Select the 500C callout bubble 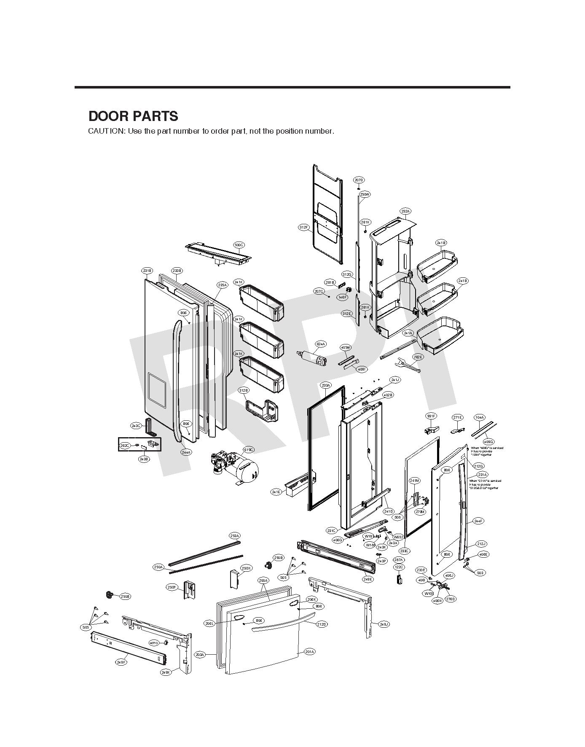click(239, 245)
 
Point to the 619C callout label click(249, 450)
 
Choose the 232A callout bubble click(405, 211)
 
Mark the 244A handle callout click(186, 452)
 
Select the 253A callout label click(235, 536)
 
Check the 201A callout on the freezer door click(310, 652)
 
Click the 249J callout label click(384, 624)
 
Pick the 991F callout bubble click(431, 416)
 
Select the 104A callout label click(479, 417)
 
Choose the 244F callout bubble click(478, 521)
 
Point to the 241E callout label click(276, 492)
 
